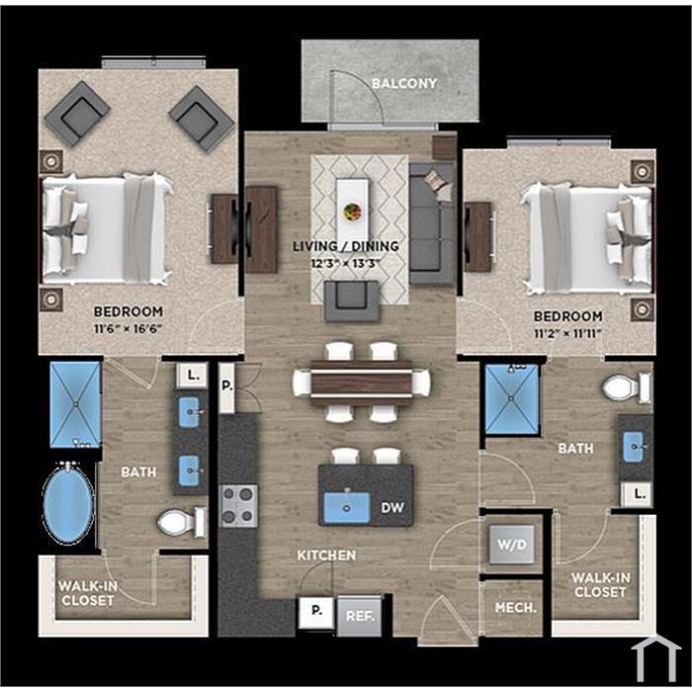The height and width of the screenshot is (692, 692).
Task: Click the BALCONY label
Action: point(403,83)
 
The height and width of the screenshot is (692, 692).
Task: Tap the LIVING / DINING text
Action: point(346,246)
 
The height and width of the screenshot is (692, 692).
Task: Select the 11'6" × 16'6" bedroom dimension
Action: point(128,329)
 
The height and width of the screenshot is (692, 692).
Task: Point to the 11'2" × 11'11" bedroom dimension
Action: point(567,333)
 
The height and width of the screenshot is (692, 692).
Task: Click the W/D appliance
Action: point(512,544)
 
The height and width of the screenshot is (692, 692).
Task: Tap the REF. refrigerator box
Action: point(360,616)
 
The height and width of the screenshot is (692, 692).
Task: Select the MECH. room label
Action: point(515,608)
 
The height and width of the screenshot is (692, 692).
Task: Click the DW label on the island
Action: point(392,508)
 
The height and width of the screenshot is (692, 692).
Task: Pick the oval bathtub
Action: point(68,503)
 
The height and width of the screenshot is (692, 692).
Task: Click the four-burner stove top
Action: point(239,506)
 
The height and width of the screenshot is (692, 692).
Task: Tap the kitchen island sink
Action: point(346,506)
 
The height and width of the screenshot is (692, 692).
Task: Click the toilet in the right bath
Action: point(626,388)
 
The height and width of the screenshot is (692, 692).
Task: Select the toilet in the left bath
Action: point(181,522)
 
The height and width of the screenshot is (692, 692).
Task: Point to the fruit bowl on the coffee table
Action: point(352,212)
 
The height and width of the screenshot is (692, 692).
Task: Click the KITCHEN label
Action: point(326,556)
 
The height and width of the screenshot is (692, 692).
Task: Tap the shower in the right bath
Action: point(511,399)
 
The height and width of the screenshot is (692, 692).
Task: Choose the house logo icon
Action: point(655,658)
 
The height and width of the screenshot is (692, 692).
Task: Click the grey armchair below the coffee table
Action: point(352,301)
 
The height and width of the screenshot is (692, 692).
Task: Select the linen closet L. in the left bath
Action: point(192,376)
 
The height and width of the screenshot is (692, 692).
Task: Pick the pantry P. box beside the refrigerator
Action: point(316,611)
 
